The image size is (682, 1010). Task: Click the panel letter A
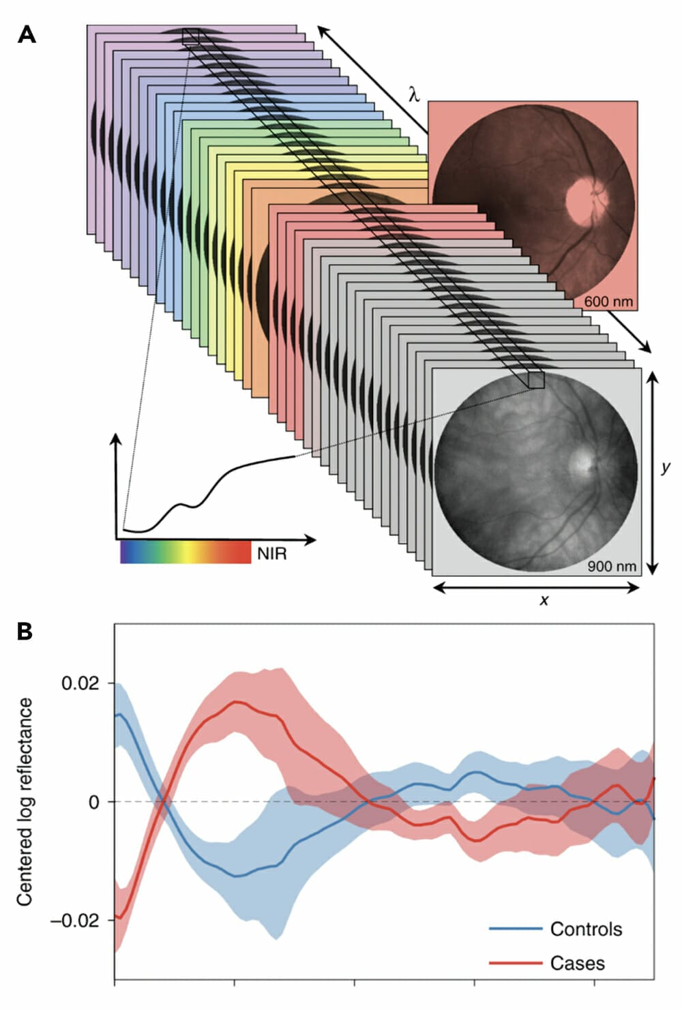(x=27, y=34)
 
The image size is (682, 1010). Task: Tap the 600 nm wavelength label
(x=608, y=301)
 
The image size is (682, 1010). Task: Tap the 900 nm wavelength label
(x=612, y=566)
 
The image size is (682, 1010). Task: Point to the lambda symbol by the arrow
(x=414, y=93)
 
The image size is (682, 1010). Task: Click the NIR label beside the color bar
(x=271, y=553)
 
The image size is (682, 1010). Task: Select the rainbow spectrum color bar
(x=186, y=552)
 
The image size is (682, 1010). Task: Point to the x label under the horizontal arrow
(x=544, y=600)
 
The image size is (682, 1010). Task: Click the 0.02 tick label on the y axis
(x=80, y=683)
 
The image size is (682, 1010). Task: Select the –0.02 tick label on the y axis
(x=75, y=920)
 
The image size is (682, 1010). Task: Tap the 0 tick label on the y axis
(x=93, y=802)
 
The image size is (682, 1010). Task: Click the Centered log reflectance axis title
(x=25, y=801)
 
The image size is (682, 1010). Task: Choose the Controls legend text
(x=586, y=929)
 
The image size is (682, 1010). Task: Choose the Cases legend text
(x=577, y=963)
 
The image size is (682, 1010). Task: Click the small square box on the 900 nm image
(x=536, y=380)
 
